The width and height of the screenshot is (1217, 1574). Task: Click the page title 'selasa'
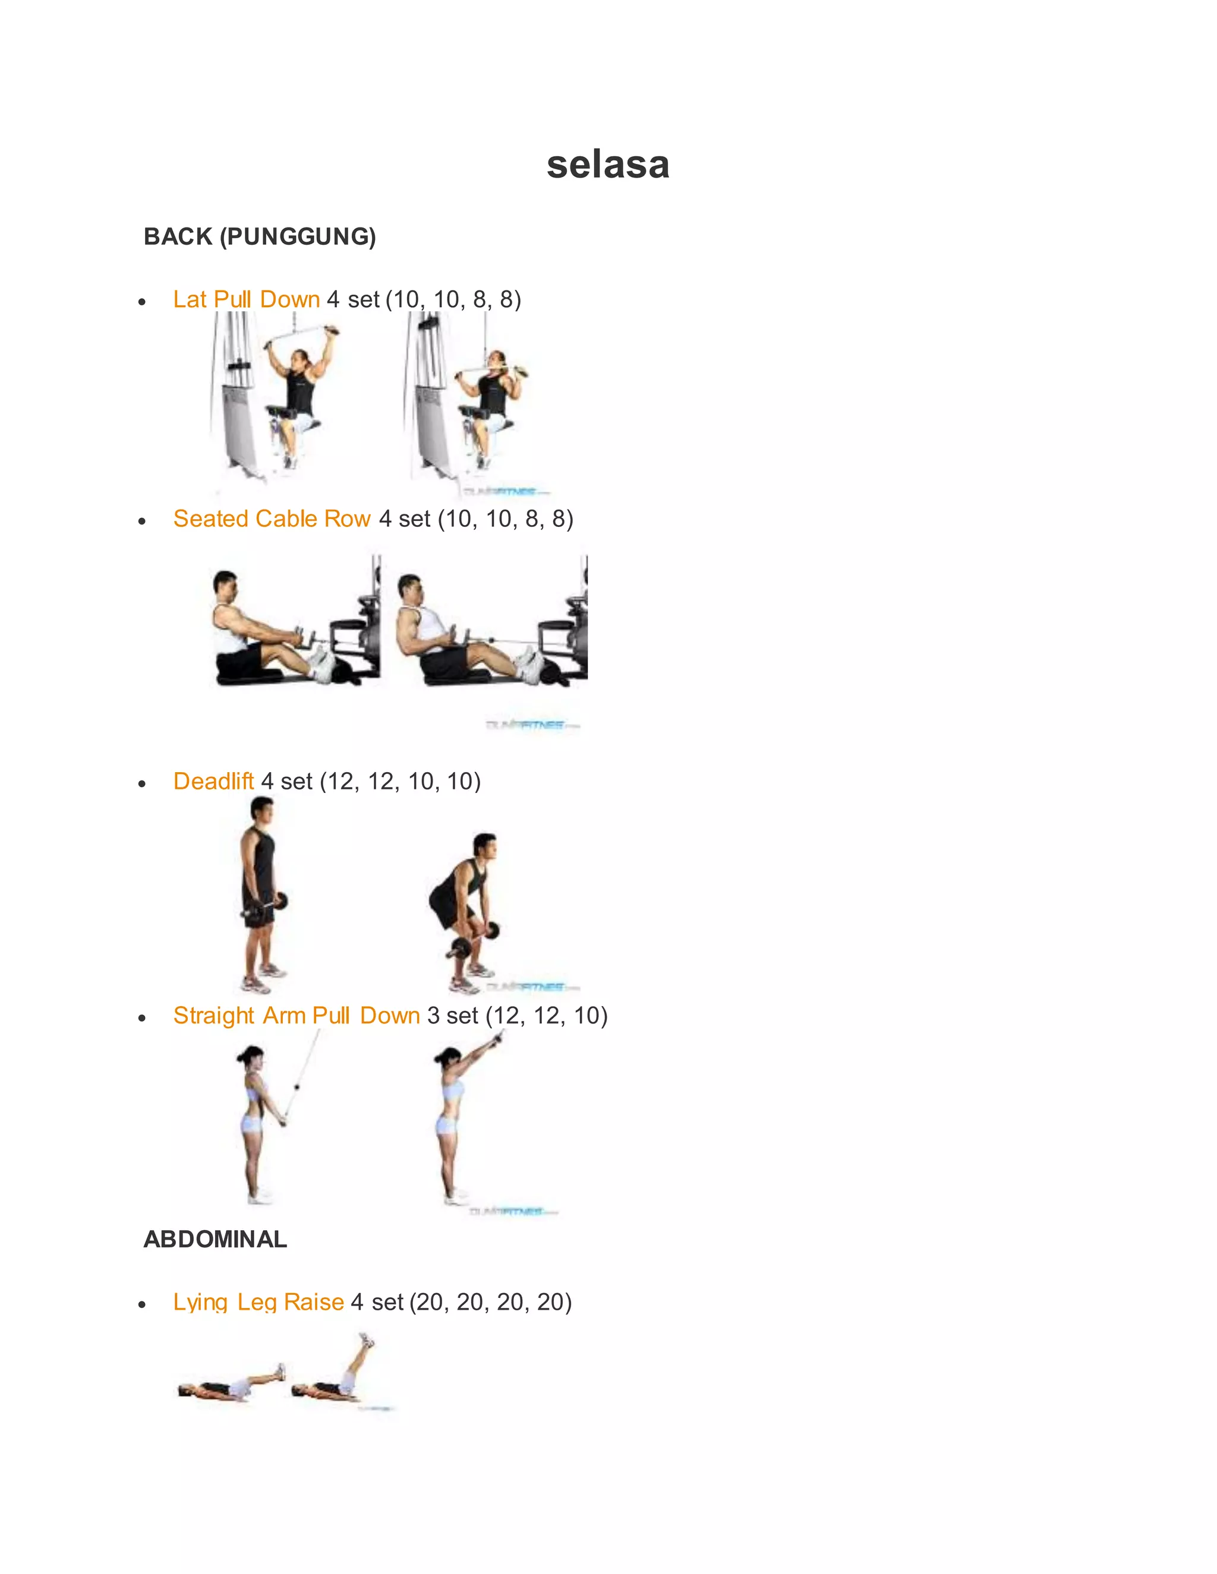coord(608,165)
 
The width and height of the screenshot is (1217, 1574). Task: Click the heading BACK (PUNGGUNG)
coord(260,236)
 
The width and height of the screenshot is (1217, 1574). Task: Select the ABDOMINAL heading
coord(215,1239)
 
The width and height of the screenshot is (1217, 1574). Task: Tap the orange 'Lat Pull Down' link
coord(246,299)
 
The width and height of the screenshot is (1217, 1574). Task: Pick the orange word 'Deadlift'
coord(213,780)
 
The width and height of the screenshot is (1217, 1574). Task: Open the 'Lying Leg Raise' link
coord(258,1301)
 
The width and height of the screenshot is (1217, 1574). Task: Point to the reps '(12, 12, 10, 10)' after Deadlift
coord(400,780)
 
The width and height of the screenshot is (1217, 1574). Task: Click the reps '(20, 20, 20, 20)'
coord(490,1301)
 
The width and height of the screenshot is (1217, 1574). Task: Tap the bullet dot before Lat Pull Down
coord(142,302)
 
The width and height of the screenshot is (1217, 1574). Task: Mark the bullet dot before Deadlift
coord(142,783)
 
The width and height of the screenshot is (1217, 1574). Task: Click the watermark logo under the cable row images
coord(532,724)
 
